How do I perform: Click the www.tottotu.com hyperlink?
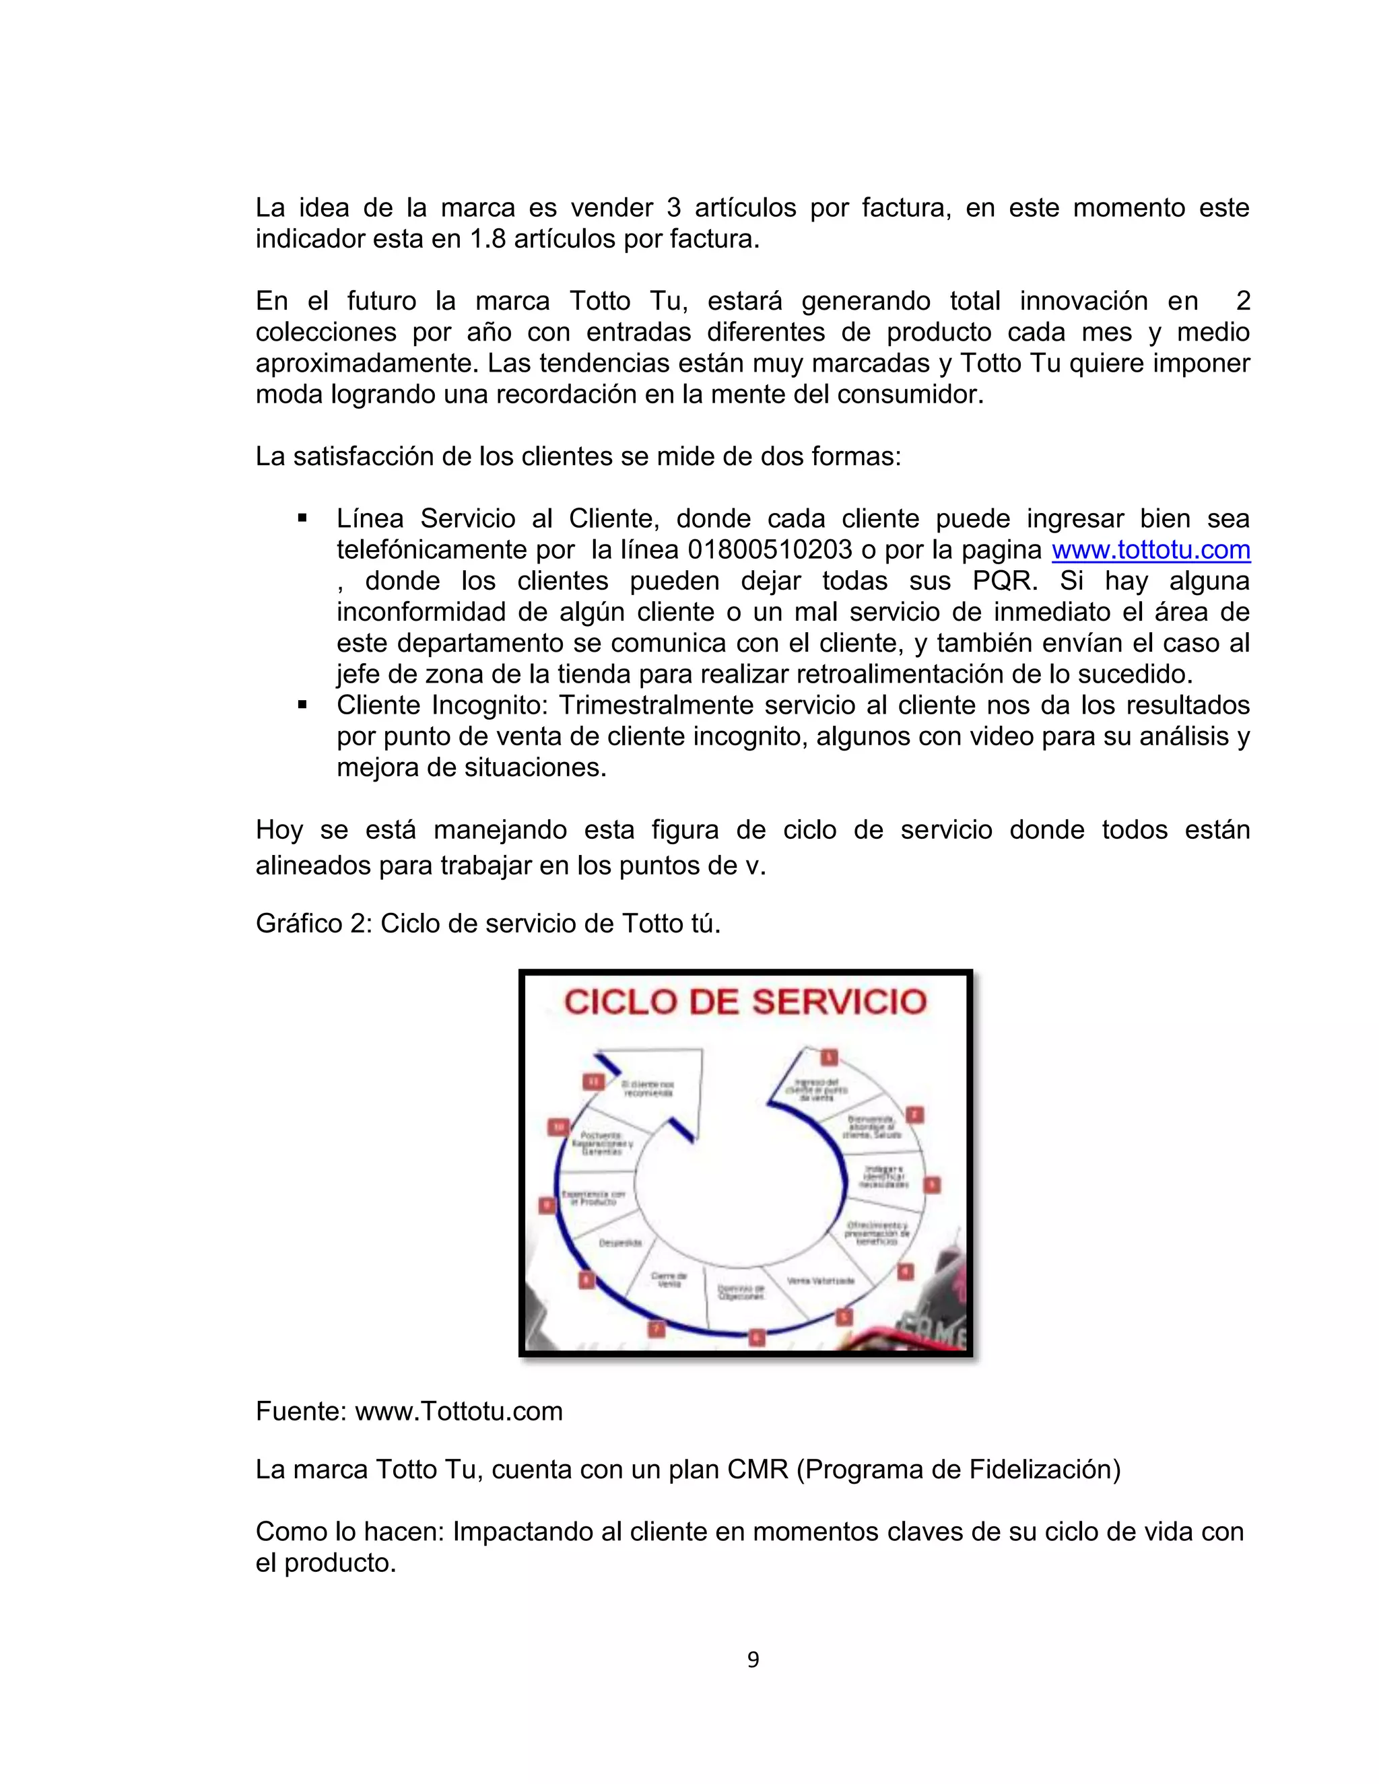[x=1150, y=551]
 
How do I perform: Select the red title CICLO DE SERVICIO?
[x=745, y=1002]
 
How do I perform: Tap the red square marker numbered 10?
[x=559, y=1126]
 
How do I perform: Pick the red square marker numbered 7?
[x=657, y=1329]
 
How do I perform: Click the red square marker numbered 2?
[x=915, y=1114]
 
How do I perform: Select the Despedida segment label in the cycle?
[x=621, y=1243]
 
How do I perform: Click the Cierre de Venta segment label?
[x=669, y=1280]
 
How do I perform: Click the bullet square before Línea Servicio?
[x=302, y=518]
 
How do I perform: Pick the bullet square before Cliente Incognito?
[x=302, y=705]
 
